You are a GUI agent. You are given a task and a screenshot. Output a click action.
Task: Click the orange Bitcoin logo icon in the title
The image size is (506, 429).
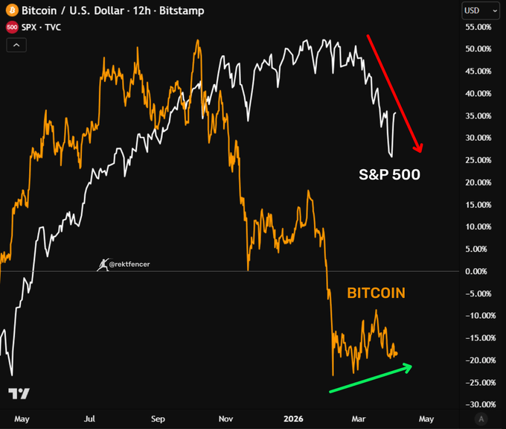12,11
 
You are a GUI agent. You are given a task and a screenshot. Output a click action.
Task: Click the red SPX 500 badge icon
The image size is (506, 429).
12,28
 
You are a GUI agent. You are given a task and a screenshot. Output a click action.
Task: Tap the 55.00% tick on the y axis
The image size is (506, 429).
477,27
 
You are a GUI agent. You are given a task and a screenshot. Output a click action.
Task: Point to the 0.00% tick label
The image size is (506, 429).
478,271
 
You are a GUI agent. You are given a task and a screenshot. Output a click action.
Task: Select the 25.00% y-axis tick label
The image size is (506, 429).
477,160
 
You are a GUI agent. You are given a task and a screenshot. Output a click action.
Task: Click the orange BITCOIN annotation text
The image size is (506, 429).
377,293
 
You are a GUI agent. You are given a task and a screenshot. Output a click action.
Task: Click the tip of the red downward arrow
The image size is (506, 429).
420,153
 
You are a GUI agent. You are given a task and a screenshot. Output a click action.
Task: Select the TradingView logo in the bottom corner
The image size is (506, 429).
19,393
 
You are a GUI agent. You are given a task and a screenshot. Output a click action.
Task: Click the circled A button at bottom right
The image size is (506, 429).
482,419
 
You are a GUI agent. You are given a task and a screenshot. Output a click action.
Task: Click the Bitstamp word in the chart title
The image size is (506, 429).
182,11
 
